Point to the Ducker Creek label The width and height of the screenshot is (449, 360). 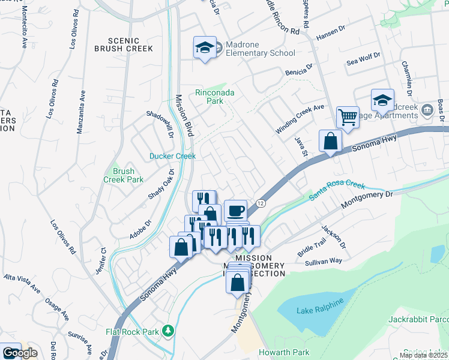(x=172, y=156)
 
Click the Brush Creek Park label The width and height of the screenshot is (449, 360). (x=127, y=175)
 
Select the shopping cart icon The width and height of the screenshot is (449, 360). (x=347, y=116)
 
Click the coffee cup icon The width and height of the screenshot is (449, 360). (x=235, y=211)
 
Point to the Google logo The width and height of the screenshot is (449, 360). (x=19, y=353)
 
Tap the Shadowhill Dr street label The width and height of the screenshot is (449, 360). (x=162, y=123)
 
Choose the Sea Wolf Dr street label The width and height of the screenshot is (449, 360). (x=364, y=59)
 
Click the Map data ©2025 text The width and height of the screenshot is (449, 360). (x=423, y=355)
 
